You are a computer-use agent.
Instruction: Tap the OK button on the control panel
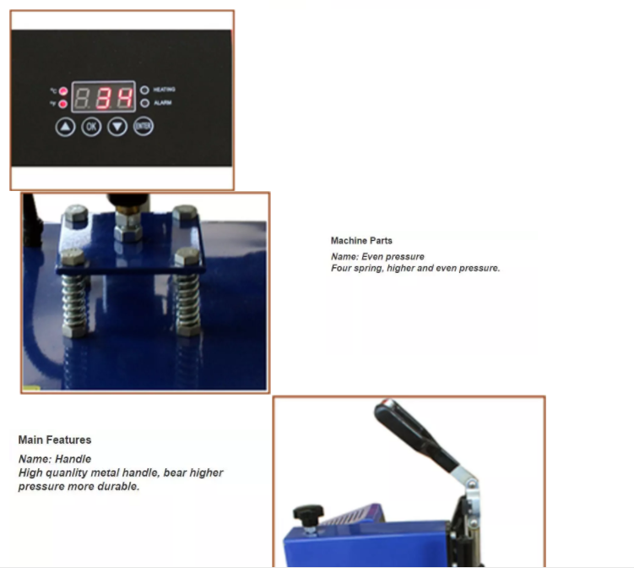click(x=91, y=127)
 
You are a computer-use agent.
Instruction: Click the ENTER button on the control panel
click(x=144, y=126)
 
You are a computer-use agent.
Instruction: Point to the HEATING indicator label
click(x=164, y=90)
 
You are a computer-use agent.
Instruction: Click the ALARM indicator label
click(x=163, y=103)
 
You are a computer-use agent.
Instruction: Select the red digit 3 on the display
click(x=103, y=98)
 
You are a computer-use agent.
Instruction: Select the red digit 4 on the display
click(x=124, y=98)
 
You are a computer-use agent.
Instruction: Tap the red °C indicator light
click(x=63, y=91)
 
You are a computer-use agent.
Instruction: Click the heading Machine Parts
click(x=361, y=241)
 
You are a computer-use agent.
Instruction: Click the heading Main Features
click(x=55, y=440)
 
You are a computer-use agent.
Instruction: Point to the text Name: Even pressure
click(x=377, y=257)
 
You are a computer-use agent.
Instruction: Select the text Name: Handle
click(x=55, y=459)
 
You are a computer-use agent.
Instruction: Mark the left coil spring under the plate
click(x=74, y=304)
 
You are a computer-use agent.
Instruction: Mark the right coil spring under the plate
click(x=187, y=303)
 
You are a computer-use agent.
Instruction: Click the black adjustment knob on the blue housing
click(x=308, y=513)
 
